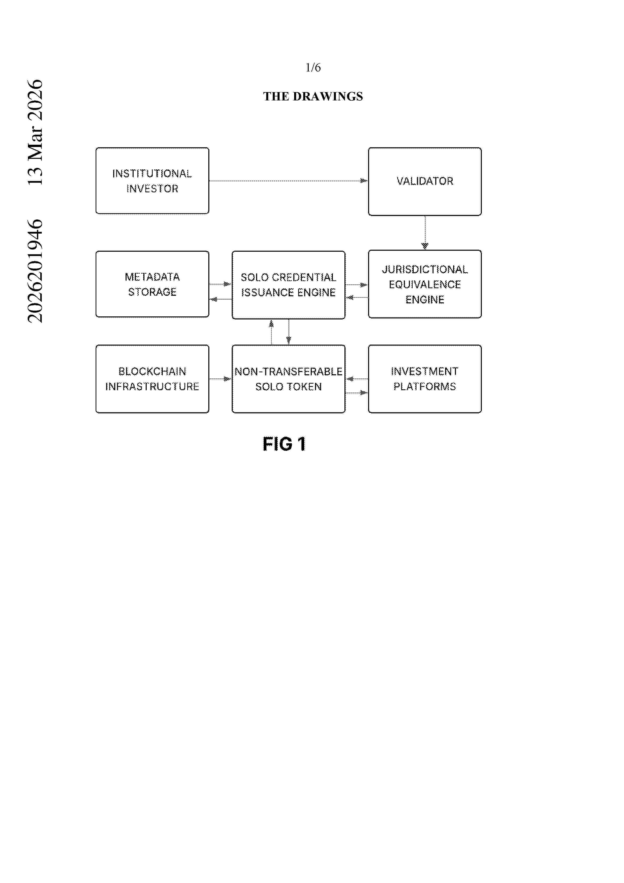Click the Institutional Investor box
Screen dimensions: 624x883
pyautogui.click(x=152, y=181)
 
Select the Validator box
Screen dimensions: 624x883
pyautogui.click(x=425, y=181)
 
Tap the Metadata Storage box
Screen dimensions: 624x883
pyautogui.click(x=152, y=284)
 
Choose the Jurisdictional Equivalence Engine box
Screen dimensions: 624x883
pyautogui.click(x=425, y=284)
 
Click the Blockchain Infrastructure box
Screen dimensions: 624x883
pyautogui.click(x=152, y=379)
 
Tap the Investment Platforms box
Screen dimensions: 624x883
pyautogui.click(x=425, y=379)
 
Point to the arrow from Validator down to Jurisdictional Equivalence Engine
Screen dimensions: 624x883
pyautogui.click(x=425, y=233)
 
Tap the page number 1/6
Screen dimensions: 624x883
pyautogui.click(x=313, y=68)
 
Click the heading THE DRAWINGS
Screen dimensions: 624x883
pyautogui.click(x=313, y=96)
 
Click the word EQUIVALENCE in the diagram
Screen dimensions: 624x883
pyautogui.click(x=425, y=285)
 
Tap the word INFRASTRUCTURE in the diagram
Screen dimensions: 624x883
pyautogui.click(x=152, y=387)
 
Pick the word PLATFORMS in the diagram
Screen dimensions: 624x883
pyautogui.click(x=425, y=387)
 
